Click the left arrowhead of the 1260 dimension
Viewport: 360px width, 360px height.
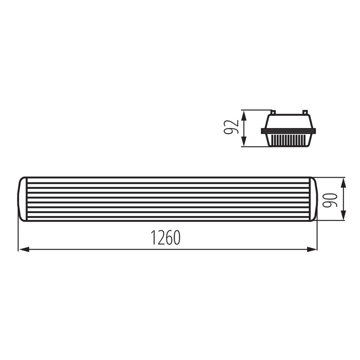(x=23, y=249)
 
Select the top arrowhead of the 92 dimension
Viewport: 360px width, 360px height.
(x=245, y=114)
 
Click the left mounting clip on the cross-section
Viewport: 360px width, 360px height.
(x=273, y=112)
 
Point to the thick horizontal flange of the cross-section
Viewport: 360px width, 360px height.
(x=289, y=131)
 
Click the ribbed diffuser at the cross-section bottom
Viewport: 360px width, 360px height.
(x=289, y=140)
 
